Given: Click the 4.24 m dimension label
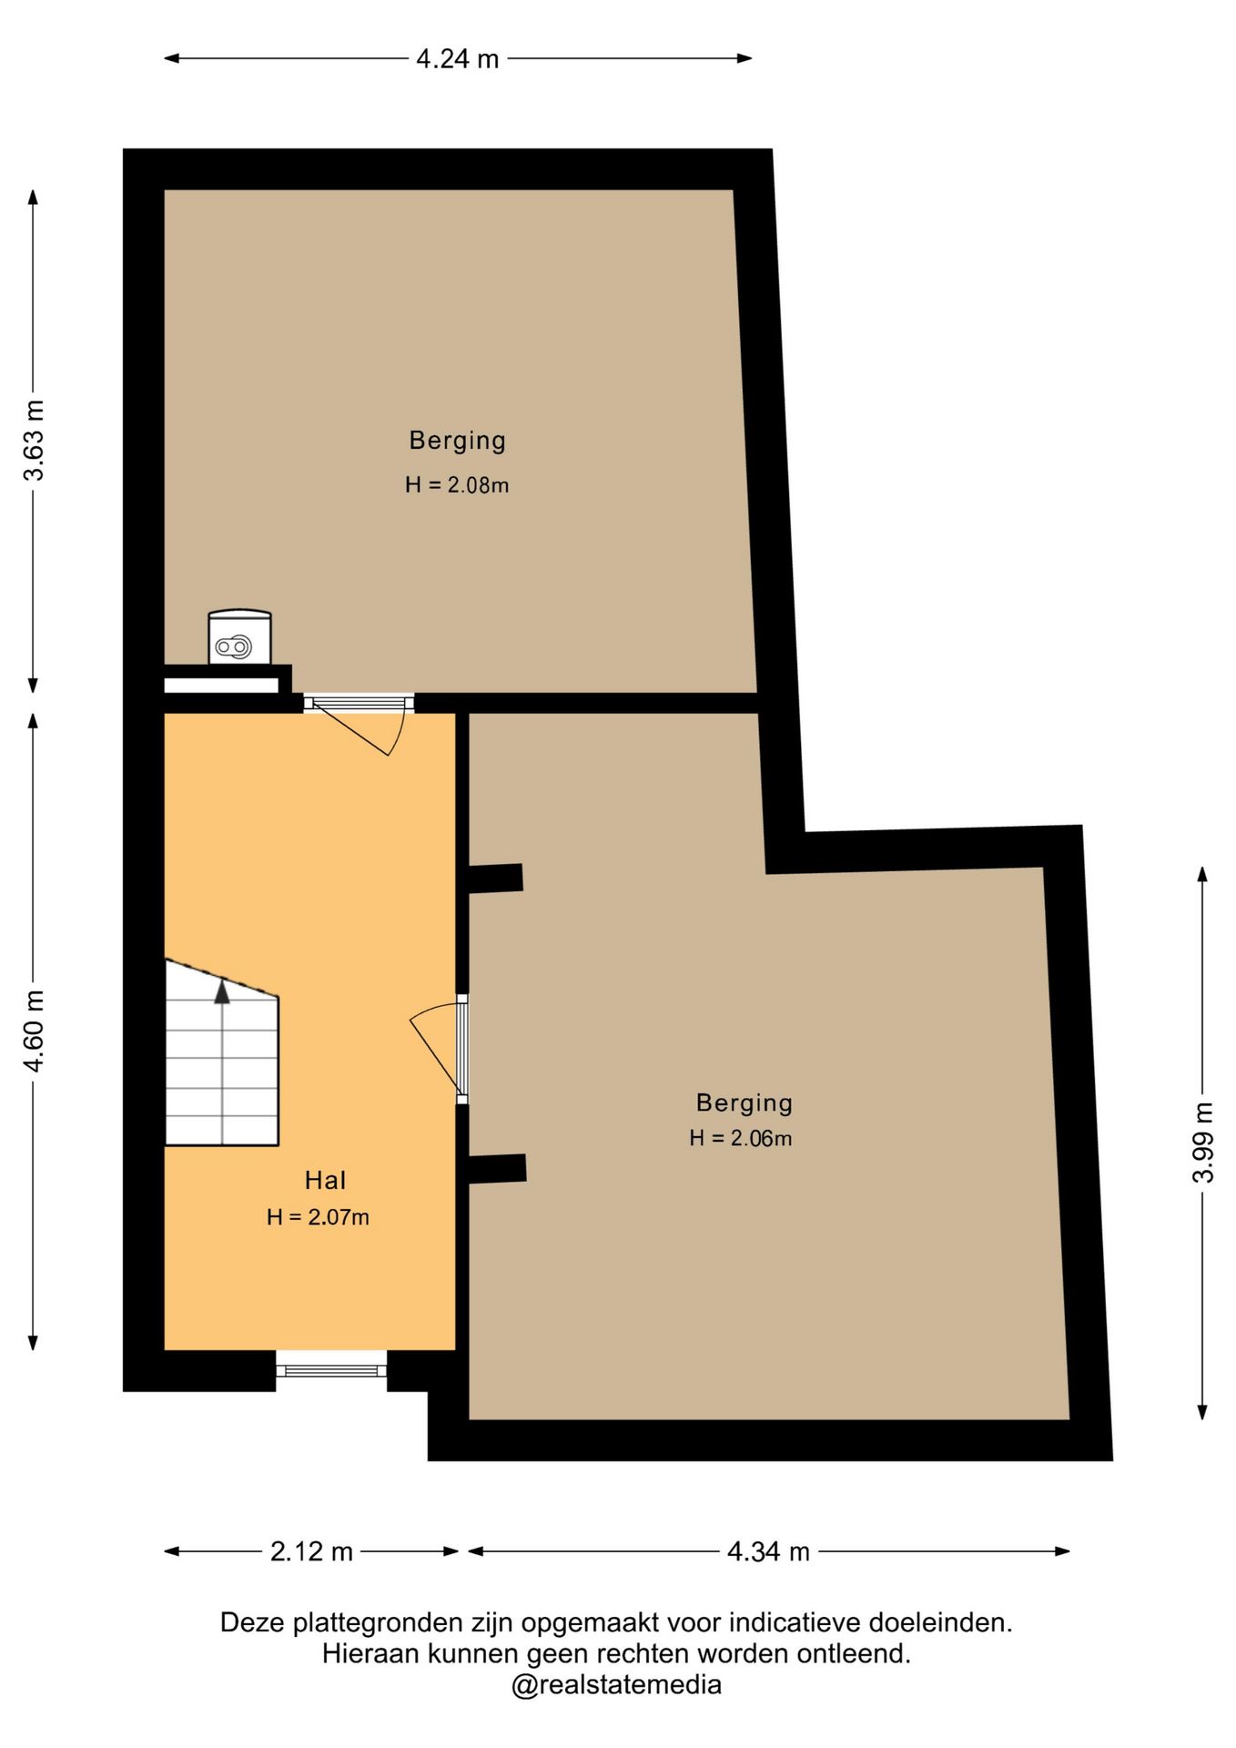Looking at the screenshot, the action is point(457,59).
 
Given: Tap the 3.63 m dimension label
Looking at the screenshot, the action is point(34,440).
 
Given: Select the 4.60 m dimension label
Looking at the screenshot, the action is point(34,1030).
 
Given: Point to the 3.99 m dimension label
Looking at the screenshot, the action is point(1203,1142).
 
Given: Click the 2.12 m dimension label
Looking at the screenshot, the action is point(311,1551).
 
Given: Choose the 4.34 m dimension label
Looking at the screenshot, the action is point(768,1551).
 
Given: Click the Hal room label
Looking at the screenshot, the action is point(325,1181).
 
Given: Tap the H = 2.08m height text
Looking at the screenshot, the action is point(457,485).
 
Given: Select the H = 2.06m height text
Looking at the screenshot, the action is point(740,1138).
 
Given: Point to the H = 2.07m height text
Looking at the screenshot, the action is point(318,1217).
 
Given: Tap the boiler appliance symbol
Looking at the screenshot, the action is point(239,636).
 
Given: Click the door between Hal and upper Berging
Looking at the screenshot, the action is point(360,723).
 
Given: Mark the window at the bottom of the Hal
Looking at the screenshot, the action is point(331,1370).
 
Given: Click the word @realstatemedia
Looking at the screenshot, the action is point(616,1685).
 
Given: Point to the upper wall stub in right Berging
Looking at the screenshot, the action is point(495,879).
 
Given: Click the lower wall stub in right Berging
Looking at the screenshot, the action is point(497,1170).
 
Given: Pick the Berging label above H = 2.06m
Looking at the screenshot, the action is point(745,1103).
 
